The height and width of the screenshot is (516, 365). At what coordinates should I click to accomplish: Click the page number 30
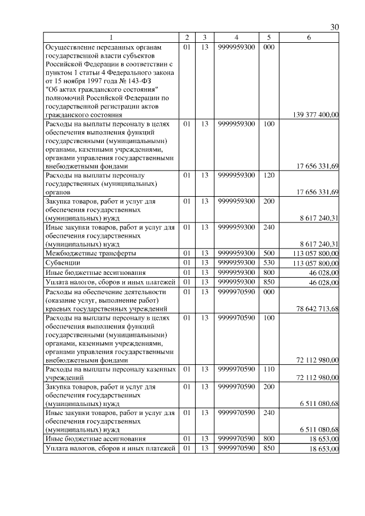(335, 26)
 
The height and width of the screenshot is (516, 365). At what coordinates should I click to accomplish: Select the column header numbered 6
(309, 38)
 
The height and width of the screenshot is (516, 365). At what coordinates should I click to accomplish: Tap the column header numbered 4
(236, 38)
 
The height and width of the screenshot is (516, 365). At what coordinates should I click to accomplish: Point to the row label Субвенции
(62, 263)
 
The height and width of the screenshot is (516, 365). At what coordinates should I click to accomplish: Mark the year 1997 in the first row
(96, 80)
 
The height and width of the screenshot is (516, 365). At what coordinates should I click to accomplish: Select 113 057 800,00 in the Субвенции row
(315, 263)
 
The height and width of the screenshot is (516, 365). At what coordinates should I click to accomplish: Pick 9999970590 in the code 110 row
(236, 369)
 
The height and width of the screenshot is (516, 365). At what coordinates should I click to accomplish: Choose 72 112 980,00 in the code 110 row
(318, 378)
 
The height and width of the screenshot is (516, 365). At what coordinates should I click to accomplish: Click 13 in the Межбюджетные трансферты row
(204, 253)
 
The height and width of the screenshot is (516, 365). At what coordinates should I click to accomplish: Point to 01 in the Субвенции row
(186, 262)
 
